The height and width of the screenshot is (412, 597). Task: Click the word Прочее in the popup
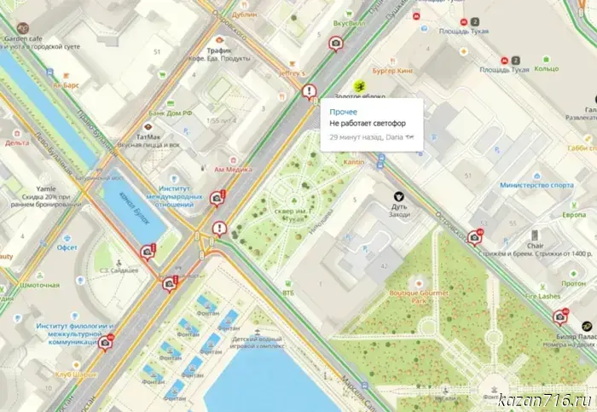344,112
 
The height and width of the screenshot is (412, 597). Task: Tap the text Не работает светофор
370,125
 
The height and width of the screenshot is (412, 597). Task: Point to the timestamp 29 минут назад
356,137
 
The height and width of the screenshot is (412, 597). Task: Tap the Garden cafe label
24,38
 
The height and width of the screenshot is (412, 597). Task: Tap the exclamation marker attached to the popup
309,90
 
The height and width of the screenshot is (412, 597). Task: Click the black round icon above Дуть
398,196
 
